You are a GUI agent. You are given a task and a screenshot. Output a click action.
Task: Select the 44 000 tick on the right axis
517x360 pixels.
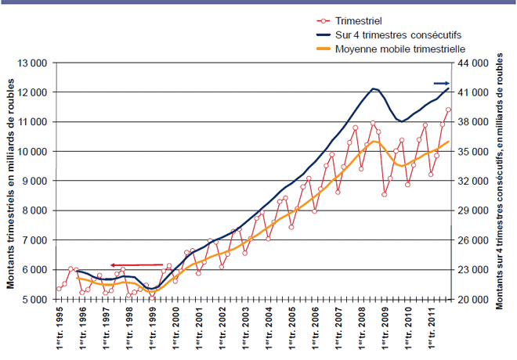pos(473,63)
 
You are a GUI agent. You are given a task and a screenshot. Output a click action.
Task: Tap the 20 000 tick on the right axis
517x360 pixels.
pos(473,300)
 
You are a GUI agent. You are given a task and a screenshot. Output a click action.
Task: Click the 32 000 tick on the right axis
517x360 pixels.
pos(473,181)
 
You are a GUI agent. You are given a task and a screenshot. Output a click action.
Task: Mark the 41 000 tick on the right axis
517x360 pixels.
pos(473,92)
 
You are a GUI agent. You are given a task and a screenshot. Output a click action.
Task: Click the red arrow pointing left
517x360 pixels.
pos(136,265)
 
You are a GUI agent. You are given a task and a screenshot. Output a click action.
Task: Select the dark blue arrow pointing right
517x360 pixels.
pos(442,83)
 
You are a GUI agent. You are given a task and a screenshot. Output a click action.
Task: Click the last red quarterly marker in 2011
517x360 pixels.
pos(448,110)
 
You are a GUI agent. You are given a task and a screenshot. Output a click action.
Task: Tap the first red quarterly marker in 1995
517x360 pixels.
pos(59,290)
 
